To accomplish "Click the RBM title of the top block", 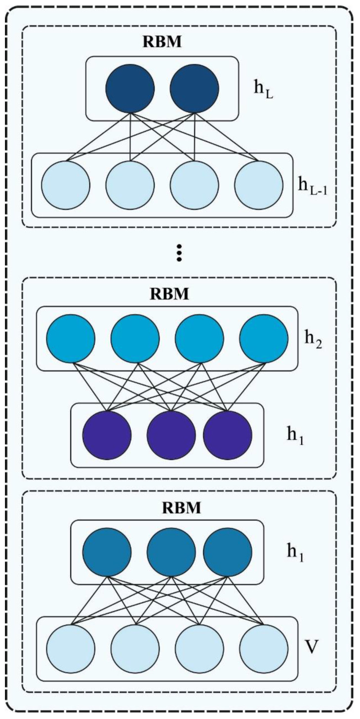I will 162,41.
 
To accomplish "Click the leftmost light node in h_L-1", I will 66,185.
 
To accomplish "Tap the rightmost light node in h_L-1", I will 259,185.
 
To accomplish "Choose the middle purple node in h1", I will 171,435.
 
